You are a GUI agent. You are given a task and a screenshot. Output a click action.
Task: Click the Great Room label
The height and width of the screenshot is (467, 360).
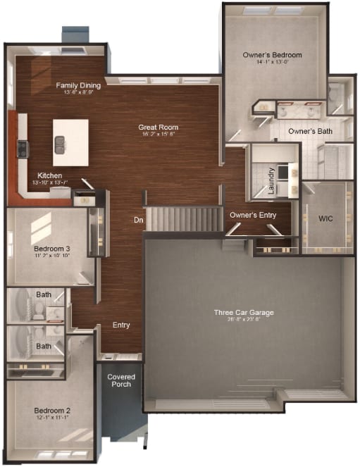[158, 127]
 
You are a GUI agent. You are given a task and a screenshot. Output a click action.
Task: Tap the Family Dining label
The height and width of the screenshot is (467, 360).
[78, 86]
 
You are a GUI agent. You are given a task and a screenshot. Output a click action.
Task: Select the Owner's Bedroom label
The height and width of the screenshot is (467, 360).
[272, 55]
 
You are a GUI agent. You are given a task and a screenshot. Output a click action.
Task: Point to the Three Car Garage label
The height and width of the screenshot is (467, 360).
[244, 312]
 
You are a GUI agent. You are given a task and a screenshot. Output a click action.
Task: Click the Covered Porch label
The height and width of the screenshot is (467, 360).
[121, 380]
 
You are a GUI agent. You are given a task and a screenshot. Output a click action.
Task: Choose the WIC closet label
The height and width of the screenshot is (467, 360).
[325, 219]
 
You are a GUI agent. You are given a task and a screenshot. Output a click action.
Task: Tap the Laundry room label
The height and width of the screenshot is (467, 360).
[271, 180]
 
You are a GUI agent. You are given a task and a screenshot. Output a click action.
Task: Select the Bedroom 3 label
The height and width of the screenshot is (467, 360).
[51, 249]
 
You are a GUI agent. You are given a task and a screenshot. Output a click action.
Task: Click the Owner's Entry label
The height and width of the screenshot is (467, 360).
[253, 215]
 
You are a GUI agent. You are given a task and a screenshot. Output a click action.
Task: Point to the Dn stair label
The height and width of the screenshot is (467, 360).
[139, 220]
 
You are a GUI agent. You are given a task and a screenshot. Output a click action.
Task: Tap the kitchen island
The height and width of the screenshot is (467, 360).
[70, 142]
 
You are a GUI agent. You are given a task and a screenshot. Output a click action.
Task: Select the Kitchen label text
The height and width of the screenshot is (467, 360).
[50, 175]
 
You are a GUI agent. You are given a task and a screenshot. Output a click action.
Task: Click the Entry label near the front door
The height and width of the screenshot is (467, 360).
[121, 325]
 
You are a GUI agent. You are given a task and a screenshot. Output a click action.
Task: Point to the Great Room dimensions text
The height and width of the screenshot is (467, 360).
[158, 135]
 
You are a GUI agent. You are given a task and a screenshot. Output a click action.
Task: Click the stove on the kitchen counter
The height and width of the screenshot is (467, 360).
[22, 148]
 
